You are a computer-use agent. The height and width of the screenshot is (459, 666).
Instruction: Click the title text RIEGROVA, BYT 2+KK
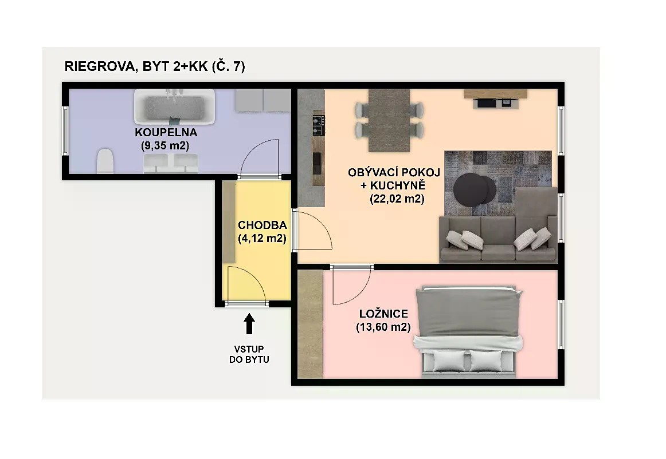point(136,66)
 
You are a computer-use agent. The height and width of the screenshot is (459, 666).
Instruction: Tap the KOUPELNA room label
point(166,132)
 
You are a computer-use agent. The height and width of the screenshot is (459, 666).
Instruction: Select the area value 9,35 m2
point(165,146)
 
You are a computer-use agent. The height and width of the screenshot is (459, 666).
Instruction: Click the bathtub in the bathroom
point(175,106)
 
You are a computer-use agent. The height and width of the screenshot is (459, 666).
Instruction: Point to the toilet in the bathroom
point(105,161)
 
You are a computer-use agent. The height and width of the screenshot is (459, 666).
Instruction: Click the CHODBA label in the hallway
point(262,225)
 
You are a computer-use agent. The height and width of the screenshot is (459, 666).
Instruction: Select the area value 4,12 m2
point(262,239)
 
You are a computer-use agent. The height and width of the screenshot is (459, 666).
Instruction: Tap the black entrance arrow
point(249,324)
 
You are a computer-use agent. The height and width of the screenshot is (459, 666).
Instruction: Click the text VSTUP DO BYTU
point(249,354)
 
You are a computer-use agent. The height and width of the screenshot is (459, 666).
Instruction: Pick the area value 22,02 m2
point(397,199)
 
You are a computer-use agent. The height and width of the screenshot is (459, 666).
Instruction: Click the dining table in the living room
point(389,121)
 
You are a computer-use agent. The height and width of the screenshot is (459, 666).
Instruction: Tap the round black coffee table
point(475,189)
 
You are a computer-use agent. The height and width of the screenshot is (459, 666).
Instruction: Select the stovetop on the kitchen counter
point(319,125)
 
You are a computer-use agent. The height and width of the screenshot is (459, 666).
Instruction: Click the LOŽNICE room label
point(383,314)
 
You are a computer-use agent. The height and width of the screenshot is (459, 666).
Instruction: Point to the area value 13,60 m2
point(383,327)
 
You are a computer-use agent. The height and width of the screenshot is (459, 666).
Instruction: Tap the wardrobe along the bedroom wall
point(310,324)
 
